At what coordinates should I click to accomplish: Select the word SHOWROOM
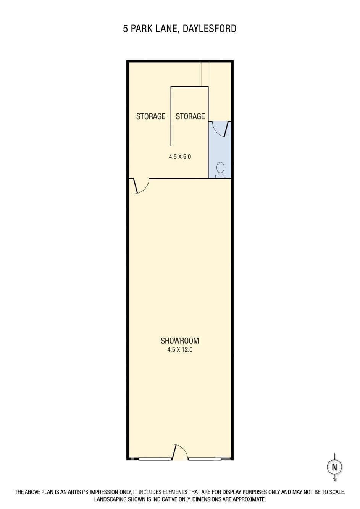tap(180, 341)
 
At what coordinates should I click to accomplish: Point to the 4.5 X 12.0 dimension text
tap(180, 350)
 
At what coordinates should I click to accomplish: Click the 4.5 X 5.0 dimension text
tap(180, 157)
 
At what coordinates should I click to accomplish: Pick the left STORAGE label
tap(150, 116)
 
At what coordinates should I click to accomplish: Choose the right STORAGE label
tap(190, 116)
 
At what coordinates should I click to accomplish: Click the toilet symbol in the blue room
tap(220, 170)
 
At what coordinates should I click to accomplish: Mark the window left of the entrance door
tap(155, 459)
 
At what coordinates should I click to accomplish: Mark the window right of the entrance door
tap(205, 459)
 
